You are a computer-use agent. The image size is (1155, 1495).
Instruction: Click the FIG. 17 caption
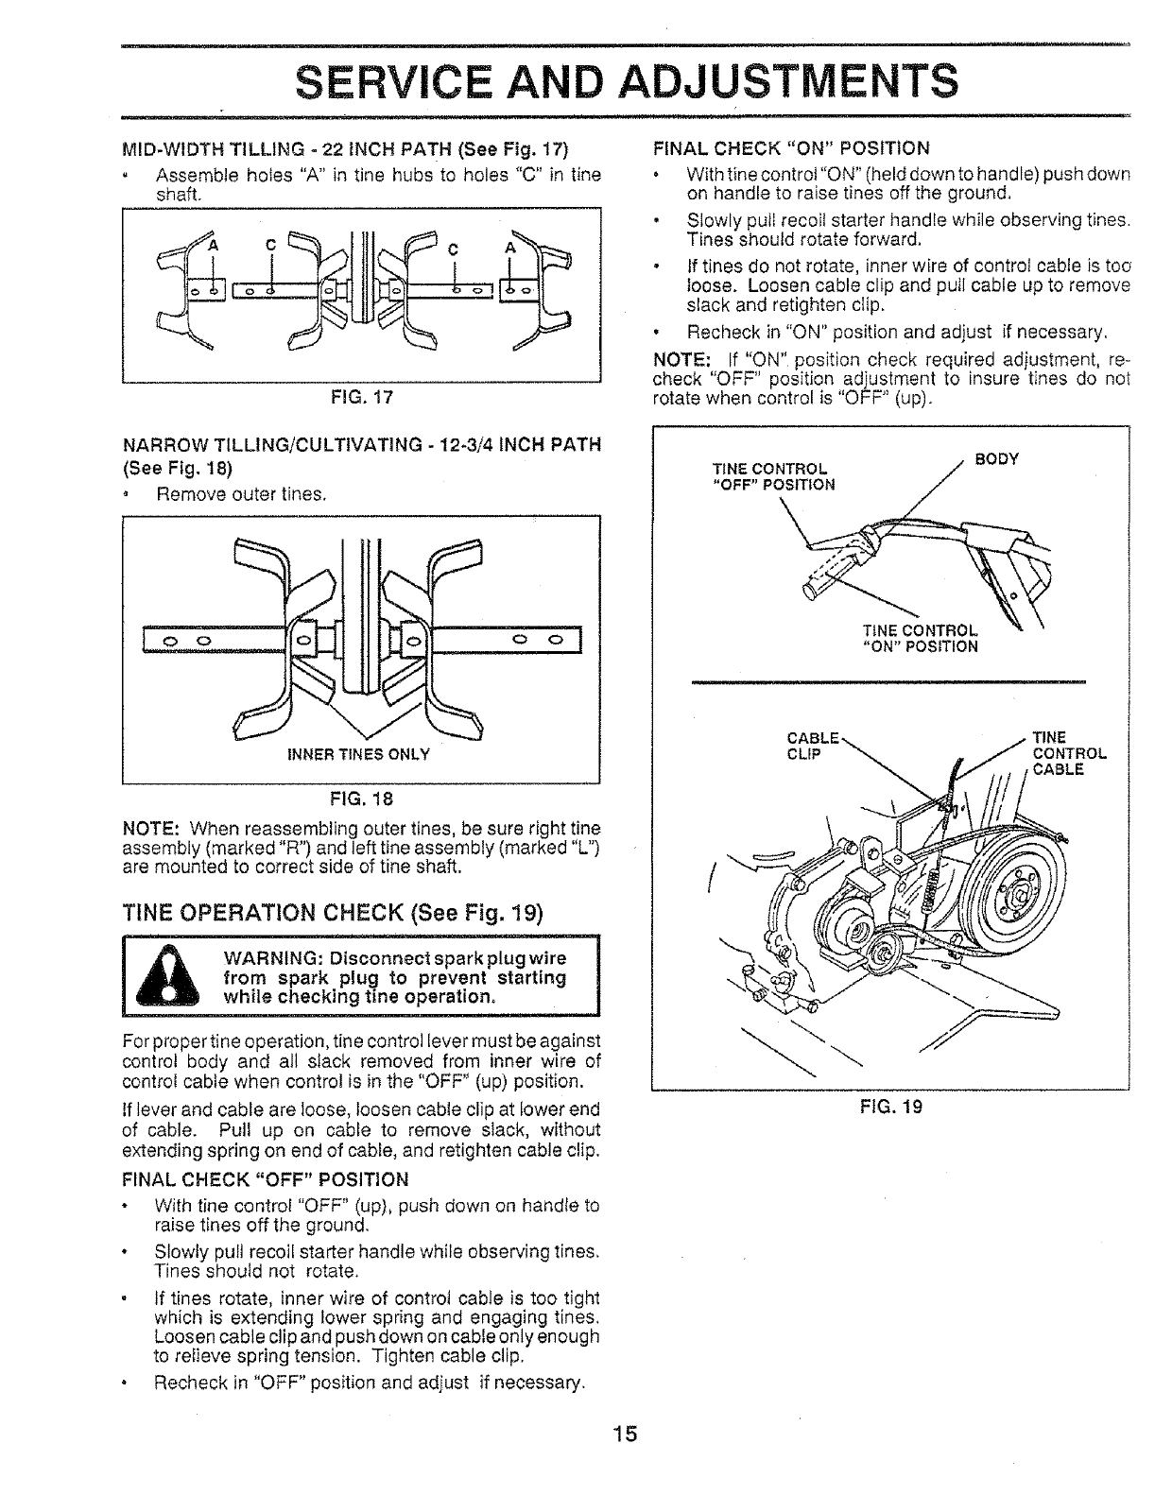coord(361,398)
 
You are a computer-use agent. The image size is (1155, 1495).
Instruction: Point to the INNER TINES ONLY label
coord(360,754)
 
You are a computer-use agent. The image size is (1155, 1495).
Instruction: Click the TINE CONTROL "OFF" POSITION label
coord(773,477)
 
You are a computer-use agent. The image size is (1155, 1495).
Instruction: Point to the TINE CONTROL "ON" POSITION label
coord(920,639)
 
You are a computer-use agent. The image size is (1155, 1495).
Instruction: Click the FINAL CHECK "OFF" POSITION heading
coord(267,1179)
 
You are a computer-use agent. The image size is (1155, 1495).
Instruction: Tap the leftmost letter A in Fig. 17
coord(214,246)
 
